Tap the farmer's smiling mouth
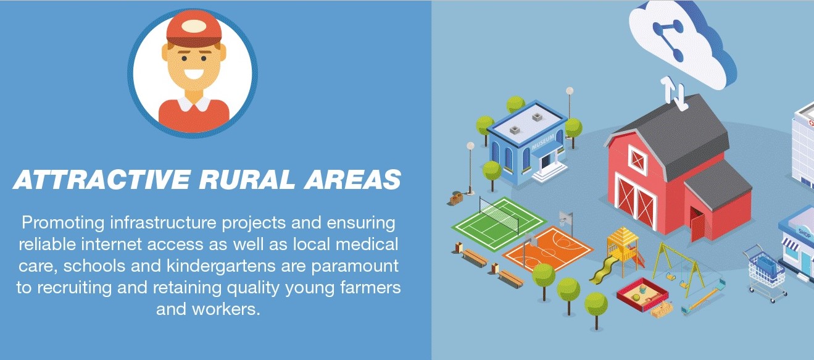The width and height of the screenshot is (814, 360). (x=194, y=74)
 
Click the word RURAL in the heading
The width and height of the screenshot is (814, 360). (x=247, y=179)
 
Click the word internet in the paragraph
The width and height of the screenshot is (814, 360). (x=111, y=244)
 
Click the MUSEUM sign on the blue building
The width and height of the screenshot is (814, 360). (x=543, y=142)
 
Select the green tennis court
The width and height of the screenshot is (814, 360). (x=499, y=223)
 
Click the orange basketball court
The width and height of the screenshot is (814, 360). (x=548, y=249)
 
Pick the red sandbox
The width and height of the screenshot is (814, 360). (x=642, y=294)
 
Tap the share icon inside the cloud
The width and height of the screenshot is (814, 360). (x=667, y=38)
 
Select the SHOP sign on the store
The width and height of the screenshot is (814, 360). (x=805, y=233)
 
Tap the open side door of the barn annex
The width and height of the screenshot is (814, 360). (x=697, y=225)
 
